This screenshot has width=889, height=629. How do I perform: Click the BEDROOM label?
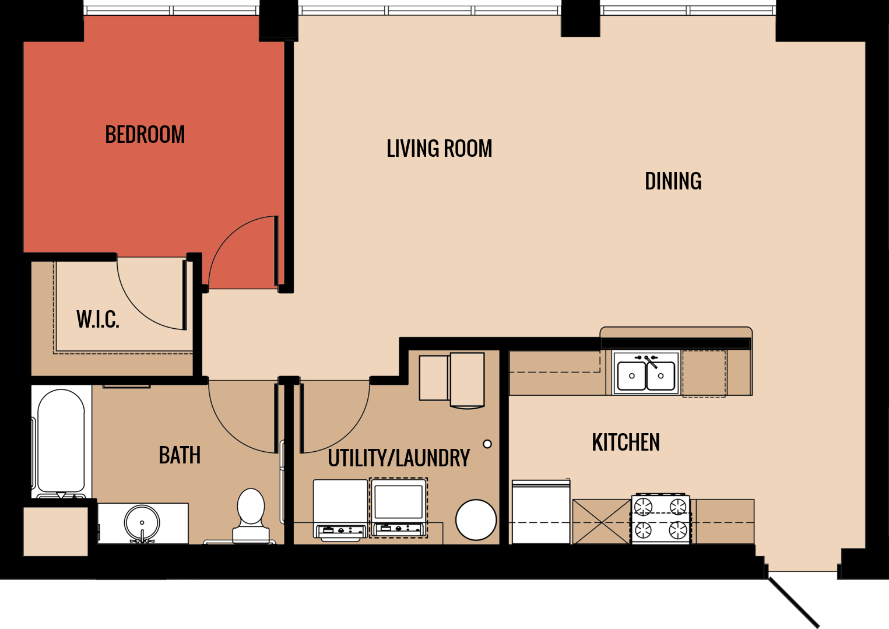145,135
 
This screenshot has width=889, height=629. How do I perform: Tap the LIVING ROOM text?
439,149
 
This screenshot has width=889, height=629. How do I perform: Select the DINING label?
673,181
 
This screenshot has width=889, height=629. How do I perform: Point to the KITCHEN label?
626,442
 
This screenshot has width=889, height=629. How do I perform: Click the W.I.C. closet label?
98,319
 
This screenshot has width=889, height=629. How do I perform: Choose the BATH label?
180,455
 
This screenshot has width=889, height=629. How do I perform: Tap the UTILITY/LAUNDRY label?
399,458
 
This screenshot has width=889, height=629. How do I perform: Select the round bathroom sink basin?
142,522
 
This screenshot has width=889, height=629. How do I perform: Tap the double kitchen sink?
646,374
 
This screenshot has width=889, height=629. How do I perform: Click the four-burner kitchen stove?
660,519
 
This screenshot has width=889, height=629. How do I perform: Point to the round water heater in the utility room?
476,519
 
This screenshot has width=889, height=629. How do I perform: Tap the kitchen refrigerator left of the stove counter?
540,512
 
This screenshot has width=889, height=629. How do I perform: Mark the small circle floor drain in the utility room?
487,444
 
